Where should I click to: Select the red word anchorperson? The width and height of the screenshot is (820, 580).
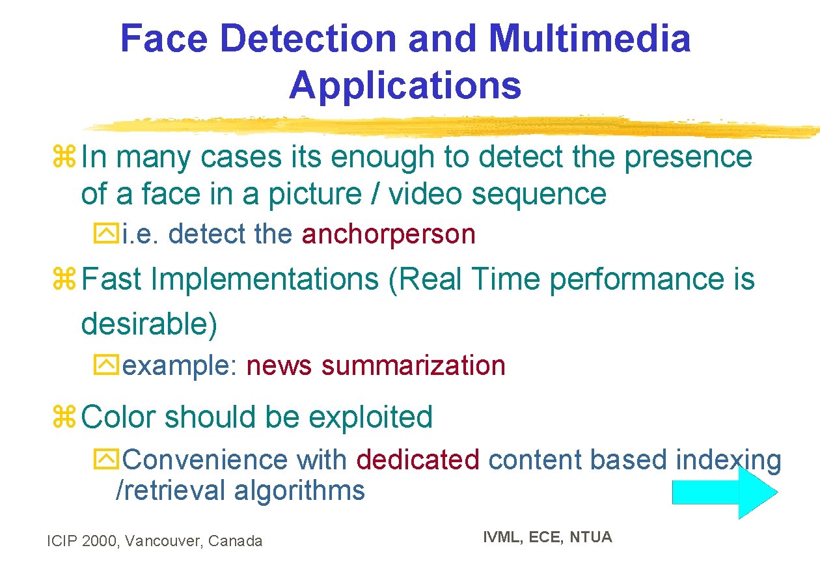[x=389, y=234]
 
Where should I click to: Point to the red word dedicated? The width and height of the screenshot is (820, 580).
[x=418, y=460]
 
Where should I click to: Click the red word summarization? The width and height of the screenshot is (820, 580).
[x=413, y=365]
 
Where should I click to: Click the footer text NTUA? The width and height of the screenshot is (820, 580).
[x=591, y=537]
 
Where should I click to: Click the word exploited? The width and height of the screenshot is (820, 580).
[x=370, y=417]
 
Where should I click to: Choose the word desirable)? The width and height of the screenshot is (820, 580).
[x=149, y=324]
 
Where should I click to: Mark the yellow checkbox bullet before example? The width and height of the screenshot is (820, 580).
[x=105, y=366]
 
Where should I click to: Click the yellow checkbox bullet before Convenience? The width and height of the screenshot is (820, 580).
[x=105, y=460]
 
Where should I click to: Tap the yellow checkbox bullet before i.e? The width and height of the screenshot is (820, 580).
[x=105, y=235]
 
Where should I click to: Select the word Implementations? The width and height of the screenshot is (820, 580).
[x=264, y=279]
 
